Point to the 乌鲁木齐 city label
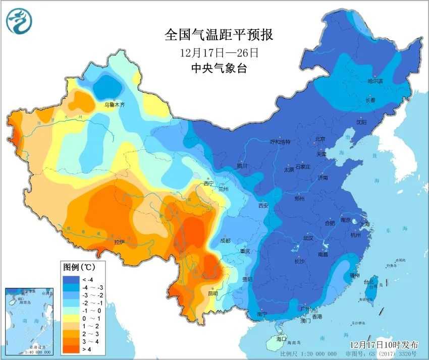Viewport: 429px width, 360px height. pyautogui.click(x=114, y=105)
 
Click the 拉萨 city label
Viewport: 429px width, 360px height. pyautogui.click(x=119, y=242)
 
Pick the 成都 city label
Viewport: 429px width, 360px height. pyautogui.click(x=225, y=241)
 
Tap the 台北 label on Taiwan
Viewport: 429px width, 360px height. pyautogui.click(x=371, y=281)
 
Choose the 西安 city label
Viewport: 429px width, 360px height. pyautogui.click(x=264, y=205)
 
